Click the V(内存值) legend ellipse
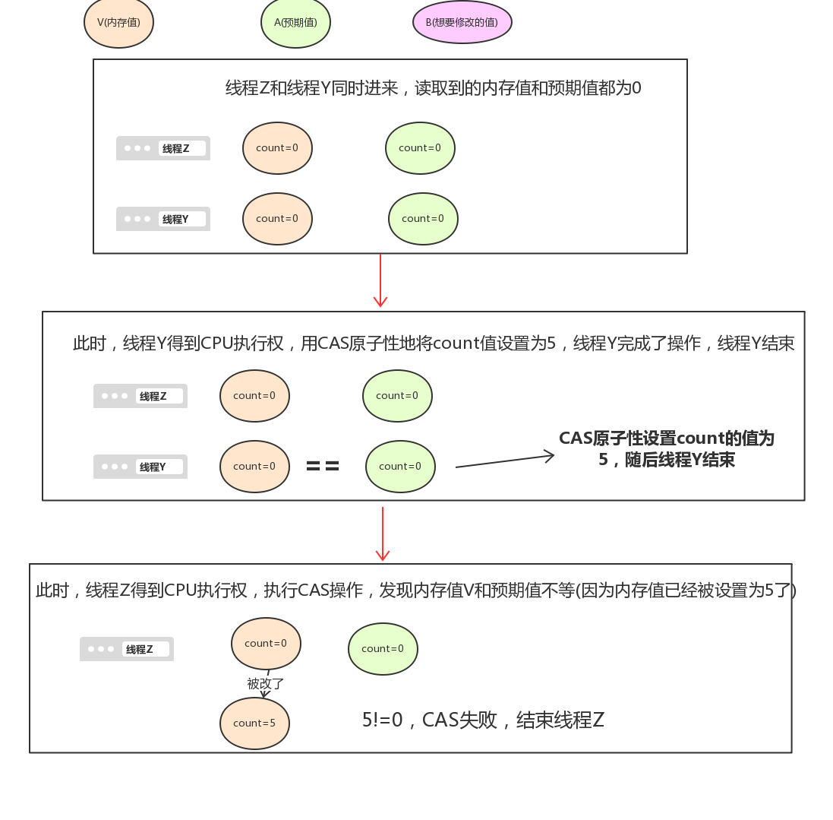pos(118,23)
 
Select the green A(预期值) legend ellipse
pos(295,23)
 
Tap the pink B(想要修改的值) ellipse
pos(462,23)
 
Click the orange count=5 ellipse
pos(254,723)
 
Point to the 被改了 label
pos(266,684)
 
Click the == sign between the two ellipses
pos(323,467)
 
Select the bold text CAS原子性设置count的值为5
pos(666,448)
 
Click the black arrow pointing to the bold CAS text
pos(505,461)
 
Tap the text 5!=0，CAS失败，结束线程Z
pos(483,720)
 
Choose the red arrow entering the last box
pos(383,533)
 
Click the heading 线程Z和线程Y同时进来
pos(433,88)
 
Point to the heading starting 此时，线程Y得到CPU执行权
pos(433,344)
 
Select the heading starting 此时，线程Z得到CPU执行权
pos(415,590)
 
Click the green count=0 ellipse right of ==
pos(400,467)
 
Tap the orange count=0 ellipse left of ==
pos(254,467)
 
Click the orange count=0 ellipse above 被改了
pos(266,644)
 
